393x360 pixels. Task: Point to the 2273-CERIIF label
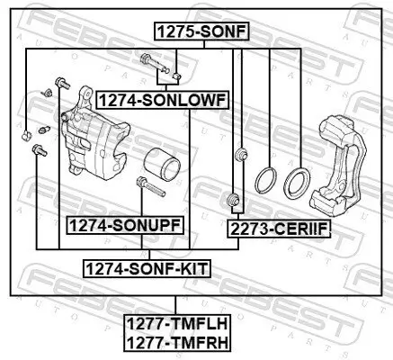point(279,229)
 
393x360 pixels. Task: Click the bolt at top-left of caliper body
point(59,83)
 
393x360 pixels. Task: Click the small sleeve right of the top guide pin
point(177,75)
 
